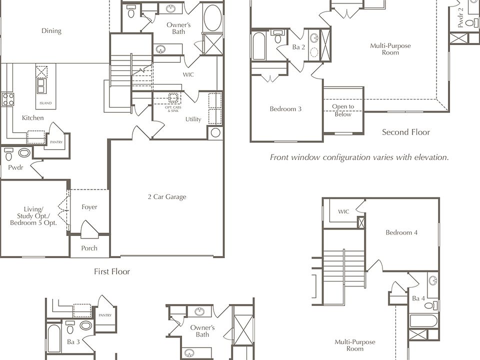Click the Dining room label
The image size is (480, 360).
[51, 30]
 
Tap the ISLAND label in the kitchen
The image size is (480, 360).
[45, 103]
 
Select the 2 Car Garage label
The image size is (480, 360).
[167, 197]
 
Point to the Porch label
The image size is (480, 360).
[89, 248]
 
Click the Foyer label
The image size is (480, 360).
[89, 207]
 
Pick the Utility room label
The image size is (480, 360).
[193, 119]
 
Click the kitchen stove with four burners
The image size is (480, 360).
[7, 99]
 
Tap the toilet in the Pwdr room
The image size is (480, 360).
[8, 154]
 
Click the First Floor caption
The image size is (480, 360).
[112, 271]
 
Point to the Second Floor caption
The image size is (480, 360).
[406, 132]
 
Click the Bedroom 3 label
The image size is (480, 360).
[285, 109]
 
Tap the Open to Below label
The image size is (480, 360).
[343, 110]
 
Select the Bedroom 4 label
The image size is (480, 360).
[401, 232]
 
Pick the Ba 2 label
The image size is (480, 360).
[298, 47]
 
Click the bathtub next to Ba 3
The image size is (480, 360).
[54, 338]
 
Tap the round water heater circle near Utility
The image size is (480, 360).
[215, 132]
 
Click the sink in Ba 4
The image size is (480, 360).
[433, 280]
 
